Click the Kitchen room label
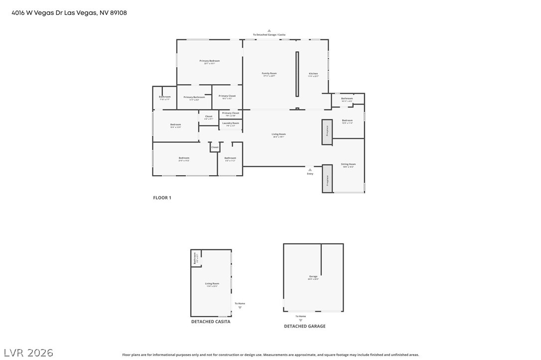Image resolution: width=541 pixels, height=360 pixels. (313, 74)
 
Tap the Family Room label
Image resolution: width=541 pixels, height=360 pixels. (269, 74)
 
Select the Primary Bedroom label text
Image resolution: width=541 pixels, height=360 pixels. (209, 62)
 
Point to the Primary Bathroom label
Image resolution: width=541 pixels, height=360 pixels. (194, 98)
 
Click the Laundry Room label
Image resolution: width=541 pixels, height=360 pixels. (230, 123)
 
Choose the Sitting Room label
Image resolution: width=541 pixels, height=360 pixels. (348, 165)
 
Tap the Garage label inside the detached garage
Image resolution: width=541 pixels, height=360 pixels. (313, 277)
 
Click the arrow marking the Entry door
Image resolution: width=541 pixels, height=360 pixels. (310, 170)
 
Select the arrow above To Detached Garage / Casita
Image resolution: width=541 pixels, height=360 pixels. (269, 30)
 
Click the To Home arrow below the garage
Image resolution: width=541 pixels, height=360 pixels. (300, 320)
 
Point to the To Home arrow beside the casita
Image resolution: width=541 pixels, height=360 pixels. (240, 308)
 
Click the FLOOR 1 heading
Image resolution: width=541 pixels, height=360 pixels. (162, 198)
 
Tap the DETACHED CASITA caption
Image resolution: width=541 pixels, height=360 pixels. (211, 322)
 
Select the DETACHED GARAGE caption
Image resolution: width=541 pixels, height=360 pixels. (304, 326)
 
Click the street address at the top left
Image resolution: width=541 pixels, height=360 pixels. (69, 13)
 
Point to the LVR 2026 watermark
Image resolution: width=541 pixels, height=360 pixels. (28, 353)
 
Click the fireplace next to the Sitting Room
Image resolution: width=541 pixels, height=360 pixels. (327, 178)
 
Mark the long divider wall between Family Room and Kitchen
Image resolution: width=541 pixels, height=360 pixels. (297, 74)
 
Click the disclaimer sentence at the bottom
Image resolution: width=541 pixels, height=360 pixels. (270, 355)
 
